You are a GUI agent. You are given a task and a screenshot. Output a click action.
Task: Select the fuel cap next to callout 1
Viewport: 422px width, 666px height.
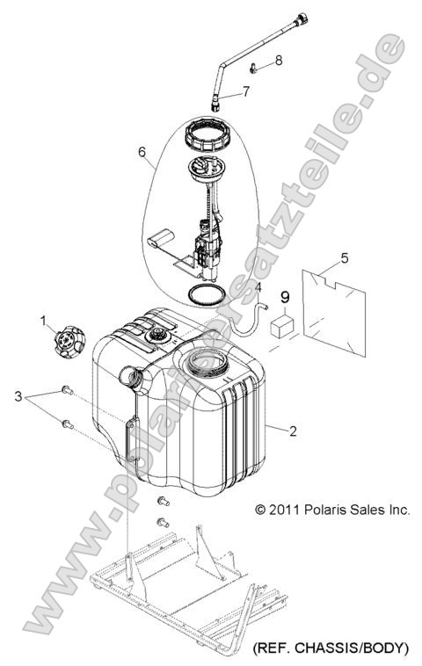[69, 342]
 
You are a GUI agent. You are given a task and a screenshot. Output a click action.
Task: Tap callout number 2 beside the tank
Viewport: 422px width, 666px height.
[293, 431]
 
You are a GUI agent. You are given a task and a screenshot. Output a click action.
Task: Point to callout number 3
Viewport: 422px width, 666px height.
[18, 397]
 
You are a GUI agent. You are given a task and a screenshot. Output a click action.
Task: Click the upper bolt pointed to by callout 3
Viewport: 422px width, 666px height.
[68, 389]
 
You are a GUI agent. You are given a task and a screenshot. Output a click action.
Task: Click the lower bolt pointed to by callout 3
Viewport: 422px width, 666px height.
[68, 423]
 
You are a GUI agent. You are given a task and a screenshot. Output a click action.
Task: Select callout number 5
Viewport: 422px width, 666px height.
[345, 257]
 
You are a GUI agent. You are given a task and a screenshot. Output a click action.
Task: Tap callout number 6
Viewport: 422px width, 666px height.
[142, 152]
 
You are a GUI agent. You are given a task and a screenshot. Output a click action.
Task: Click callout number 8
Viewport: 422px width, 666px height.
[279, 61]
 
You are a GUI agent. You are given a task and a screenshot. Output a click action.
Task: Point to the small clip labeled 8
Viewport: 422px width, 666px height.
[253, 68]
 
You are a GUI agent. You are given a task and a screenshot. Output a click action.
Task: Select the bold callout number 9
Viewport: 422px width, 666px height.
[285, 297]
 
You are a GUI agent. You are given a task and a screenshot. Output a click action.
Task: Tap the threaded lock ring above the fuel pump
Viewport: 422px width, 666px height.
[207, 134]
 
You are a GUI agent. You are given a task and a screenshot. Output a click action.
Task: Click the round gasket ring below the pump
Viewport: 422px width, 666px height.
[206, 294]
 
